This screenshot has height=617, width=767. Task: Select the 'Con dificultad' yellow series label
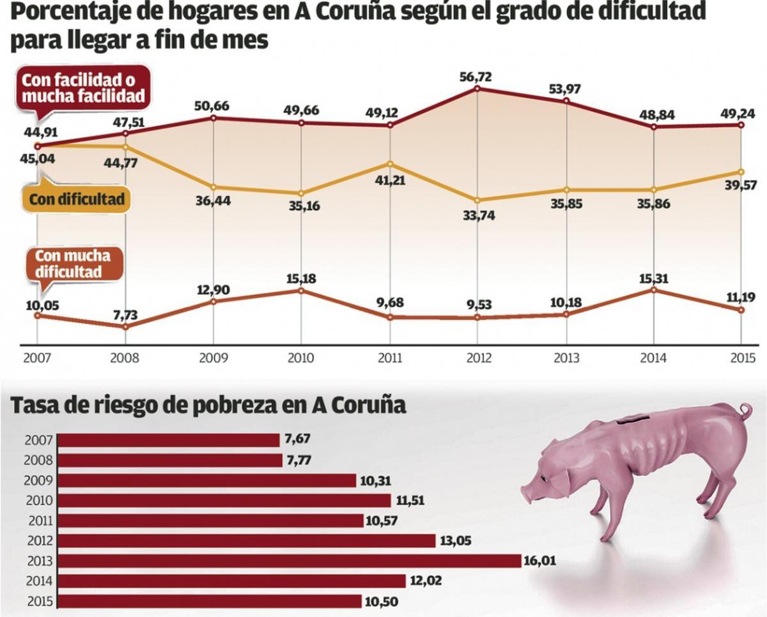[77, 200]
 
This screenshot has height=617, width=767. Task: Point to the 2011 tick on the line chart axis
[389, 358]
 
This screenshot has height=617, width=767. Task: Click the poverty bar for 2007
[169, 440]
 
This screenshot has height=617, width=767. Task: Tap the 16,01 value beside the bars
[541, 561]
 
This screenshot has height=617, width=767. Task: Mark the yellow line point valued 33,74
[477, 200]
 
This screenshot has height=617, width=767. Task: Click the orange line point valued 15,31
[653, 289]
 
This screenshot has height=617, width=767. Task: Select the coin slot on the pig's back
[630, 418]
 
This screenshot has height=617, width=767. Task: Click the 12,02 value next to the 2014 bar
[425, 581]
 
